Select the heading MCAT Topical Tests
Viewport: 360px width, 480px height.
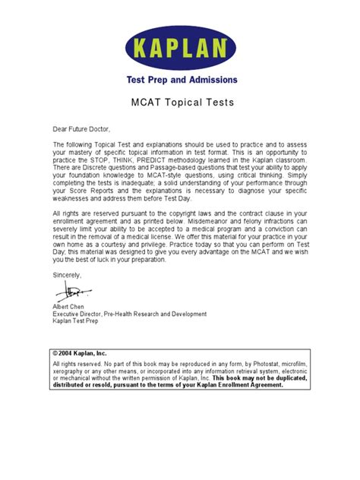tap(180, 103)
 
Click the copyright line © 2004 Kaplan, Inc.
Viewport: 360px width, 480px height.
tap(81, 354)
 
